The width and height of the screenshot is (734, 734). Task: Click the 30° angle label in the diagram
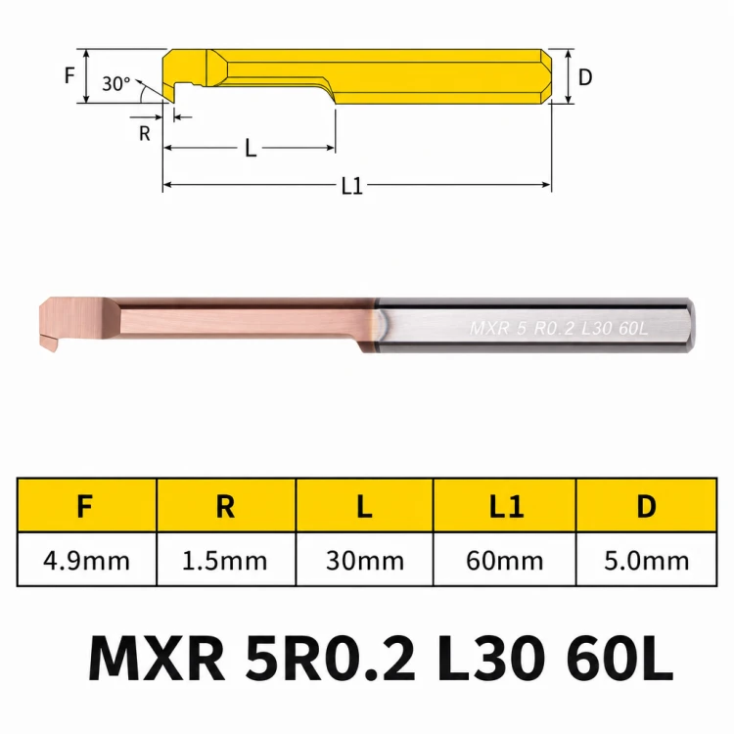coord(116,84)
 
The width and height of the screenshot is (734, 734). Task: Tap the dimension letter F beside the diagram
coord(69,75)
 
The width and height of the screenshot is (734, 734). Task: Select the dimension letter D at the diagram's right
coord(585,77)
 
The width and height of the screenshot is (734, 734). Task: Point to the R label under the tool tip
coord(145,134)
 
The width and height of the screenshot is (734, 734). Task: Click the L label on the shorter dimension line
coord(251,149)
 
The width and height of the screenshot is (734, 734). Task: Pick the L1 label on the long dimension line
coord(352,186)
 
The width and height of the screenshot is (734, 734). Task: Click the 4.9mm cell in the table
coord(86,561)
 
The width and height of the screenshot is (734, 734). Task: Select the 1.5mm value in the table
coord(225,561)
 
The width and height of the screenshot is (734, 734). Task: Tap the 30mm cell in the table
coord(365,561)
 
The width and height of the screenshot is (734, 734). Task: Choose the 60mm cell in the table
coord(505,561)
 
